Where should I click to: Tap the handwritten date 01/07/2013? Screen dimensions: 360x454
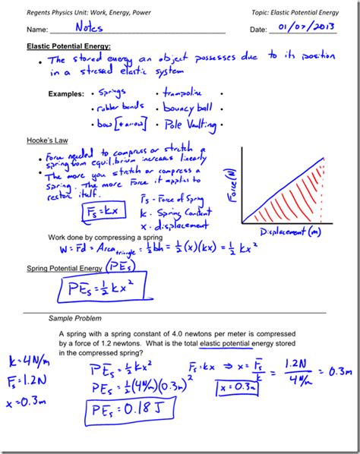point(307,28)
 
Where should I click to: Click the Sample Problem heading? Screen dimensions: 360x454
point(74,317)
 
